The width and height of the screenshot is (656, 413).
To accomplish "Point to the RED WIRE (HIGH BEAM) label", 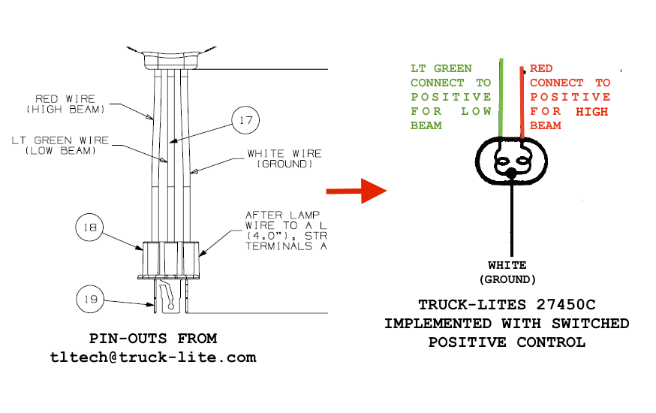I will pos(70,104).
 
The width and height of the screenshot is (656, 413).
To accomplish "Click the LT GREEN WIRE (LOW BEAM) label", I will pos(60,145).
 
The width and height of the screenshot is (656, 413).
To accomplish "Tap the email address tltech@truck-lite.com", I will pos(153,357).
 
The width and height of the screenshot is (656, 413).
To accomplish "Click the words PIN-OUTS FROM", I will pos(153,339).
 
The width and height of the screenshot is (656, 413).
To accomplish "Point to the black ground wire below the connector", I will pos(512,218).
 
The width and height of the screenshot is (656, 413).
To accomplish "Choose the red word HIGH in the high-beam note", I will pos(592,111).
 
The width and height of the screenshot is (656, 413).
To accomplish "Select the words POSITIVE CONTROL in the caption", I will pos(507,342).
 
